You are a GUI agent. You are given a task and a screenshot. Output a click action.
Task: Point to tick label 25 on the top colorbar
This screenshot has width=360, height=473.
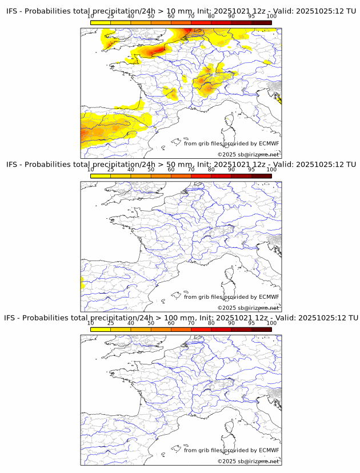coord(110,16)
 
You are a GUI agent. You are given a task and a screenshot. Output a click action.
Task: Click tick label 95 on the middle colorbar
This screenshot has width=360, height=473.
coord(251,169)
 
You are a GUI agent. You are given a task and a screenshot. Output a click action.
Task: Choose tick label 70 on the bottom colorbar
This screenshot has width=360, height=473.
coord(191,323)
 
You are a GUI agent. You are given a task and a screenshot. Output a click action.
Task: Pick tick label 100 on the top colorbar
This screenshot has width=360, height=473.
coord(271,16)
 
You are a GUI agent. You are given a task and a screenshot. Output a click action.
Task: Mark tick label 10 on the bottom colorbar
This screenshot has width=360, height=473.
coord(91,323)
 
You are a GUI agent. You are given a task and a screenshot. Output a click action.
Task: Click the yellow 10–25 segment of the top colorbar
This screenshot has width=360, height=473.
coord(101,22)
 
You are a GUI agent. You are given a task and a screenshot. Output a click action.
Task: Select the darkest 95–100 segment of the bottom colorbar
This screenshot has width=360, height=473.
coord(261,329)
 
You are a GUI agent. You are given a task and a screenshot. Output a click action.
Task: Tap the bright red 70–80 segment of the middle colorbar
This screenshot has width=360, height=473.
coord(201,175)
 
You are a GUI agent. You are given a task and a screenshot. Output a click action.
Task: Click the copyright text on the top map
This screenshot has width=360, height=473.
coord(248,154)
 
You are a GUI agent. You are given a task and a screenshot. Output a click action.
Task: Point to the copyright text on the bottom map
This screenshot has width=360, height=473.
coord(248,461)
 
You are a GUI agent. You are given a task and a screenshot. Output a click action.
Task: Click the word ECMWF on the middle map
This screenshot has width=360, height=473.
coord(269,296)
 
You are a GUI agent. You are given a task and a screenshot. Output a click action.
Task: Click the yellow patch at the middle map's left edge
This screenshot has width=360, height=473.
coord(82,282)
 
